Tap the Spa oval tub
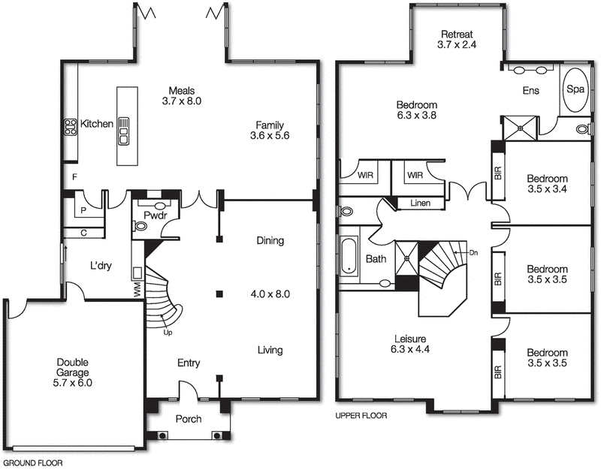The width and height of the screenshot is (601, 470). [577, 91]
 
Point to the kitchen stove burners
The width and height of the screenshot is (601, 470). [71, 127]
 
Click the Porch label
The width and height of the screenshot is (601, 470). [188, 419]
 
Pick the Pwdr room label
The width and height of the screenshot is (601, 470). [156, 215]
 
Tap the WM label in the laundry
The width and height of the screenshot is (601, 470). [137, 288]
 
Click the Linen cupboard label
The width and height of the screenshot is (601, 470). [421, 203]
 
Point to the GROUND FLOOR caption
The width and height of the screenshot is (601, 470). [33, 463]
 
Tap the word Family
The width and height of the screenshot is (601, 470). [271, 124]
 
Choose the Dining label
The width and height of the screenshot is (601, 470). [270, 241]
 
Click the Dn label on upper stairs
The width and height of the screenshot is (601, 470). [473, 253]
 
